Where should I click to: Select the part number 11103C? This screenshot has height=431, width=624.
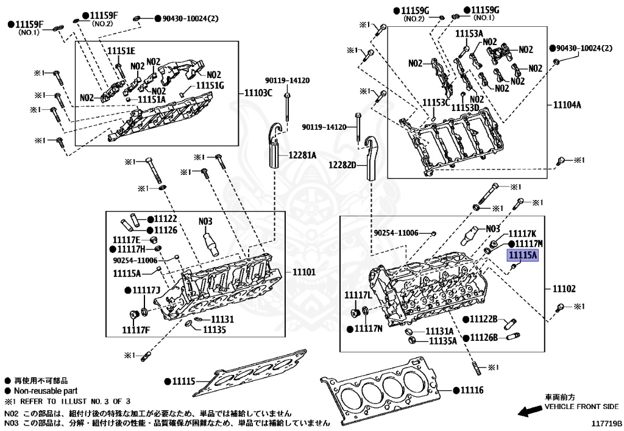259,93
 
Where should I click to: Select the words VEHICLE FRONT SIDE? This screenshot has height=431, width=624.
581,407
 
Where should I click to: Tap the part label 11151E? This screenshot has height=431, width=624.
122,51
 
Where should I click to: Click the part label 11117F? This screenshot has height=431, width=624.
136,330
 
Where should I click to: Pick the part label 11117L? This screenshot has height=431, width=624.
358,295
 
